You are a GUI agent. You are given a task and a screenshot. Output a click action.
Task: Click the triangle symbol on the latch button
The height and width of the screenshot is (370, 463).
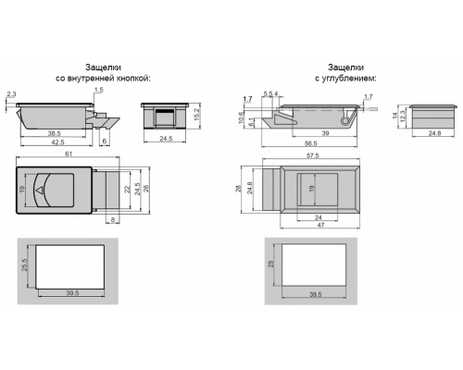(x=39, y=191)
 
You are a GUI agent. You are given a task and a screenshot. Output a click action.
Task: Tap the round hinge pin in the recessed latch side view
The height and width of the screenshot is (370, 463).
(x=344, y=121)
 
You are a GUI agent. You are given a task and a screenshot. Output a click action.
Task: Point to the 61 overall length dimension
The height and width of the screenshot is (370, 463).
(x=69, y=154)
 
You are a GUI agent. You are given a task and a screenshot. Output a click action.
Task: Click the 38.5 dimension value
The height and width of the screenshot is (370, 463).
(x=54, y=133)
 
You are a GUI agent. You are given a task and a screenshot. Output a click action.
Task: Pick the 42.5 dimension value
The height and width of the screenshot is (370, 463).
(x=58, y=142)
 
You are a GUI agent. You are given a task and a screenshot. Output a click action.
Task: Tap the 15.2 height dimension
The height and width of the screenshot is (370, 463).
(x=197, y=115)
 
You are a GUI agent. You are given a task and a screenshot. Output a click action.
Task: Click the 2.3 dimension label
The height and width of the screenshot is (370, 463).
(x=11, y=94)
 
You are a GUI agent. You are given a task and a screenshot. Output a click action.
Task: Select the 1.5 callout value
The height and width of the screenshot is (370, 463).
(x=99, y=90)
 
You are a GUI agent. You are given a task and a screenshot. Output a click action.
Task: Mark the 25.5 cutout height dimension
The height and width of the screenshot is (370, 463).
(x=24, y=265)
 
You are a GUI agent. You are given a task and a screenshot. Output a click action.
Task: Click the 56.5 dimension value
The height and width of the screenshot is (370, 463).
(x=311, y=143)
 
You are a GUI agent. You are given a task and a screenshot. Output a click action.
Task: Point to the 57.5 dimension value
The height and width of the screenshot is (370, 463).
(x=313, y=155)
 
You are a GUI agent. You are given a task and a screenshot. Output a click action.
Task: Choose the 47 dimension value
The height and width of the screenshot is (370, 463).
(x=320, y=225)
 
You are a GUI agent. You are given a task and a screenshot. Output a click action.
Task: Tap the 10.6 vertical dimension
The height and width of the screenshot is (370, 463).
(x=241, y=117)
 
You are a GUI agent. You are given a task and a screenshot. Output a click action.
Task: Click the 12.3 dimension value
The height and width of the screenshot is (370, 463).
(x=402, y=117)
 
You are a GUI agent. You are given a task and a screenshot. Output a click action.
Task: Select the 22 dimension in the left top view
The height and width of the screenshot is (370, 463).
(x=127, y=190)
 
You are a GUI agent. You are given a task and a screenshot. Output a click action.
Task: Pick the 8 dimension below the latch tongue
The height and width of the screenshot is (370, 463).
(x=113, y=220)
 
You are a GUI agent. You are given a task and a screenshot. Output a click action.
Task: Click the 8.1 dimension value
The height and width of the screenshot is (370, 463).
(x=251, y=122)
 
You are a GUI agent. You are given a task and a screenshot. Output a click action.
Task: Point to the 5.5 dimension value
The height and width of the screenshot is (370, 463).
(x=268, y=93)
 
